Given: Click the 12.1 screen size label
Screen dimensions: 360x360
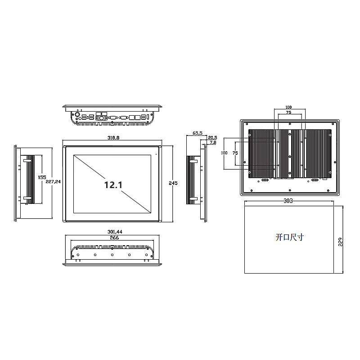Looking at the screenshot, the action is (x=113, y=185).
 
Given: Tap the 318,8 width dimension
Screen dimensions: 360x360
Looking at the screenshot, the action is (x=113, y=138).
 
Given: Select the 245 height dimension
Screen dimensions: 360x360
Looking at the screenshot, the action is (x=173, y=183).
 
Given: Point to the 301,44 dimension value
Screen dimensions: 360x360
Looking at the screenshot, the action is (x=115, y=232).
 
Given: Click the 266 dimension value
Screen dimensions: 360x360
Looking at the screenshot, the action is (x=114, y=238).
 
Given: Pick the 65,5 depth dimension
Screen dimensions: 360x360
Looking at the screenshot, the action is (x=198, y=133).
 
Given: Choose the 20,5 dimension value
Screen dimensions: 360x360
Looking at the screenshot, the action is (x=212, y=138).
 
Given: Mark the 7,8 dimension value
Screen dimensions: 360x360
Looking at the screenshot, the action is (x=213, y=143).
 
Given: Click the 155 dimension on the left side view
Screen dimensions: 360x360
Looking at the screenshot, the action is (x=42, y=177).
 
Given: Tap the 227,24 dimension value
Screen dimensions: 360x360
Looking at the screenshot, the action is (x=53, y=182).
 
